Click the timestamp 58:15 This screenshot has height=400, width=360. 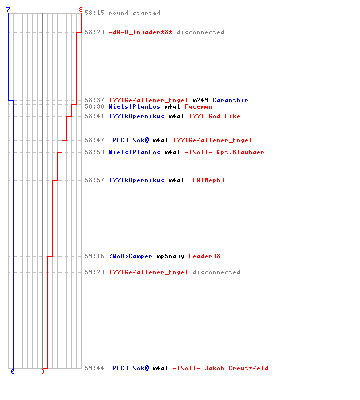(94, 13)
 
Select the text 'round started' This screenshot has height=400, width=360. (134, 13)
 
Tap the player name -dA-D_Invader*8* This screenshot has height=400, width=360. (140, 32)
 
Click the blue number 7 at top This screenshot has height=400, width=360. (8, 10)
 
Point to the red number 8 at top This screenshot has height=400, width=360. (81, 10)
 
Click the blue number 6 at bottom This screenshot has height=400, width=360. (13, 371)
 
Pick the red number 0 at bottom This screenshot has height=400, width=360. (42, 371)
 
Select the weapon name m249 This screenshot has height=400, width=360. (200, 100)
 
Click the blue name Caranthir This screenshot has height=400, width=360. (230, 100)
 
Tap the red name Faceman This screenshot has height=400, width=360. (198, 106)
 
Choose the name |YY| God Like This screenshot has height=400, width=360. (215, 116)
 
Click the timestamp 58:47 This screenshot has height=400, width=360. (94, 140)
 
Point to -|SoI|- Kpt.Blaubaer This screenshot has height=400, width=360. (224, 152)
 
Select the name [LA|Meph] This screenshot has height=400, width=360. (206, 180)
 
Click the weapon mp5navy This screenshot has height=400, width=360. (170, 256)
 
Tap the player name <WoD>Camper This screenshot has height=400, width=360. (130, 256)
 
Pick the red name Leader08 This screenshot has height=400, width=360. (204, 256)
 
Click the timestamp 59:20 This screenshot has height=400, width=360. (94, 272)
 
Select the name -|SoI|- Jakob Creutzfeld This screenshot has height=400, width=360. (220, 368)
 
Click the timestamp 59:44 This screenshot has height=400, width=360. (94, 368)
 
